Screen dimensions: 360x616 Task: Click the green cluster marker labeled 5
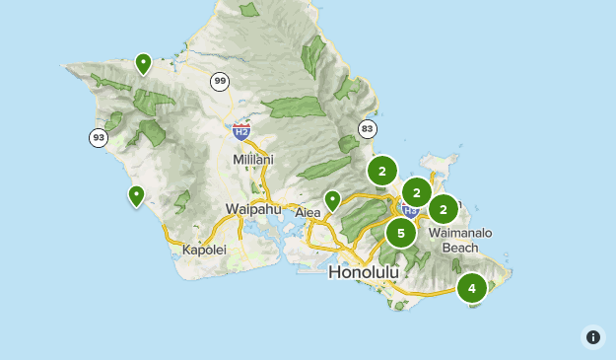point(400,234)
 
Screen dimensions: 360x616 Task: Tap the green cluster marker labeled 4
point(472,288)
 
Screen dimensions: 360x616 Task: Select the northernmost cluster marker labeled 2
point(381,171)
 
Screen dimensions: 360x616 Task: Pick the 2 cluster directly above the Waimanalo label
point(444,209)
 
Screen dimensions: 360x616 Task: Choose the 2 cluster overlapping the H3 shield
point(417,192)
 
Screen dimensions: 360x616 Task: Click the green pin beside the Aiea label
point(333,200)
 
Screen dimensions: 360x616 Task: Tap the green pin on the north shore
point(144,64)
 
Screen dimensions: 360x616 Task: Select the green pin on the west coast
point(136,195)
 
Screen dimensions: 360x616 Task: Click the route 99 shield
point(219,81)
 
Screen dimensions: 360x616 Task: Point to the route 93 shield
point(98,137)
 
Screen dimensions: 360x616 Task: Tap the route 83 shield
point(368,128)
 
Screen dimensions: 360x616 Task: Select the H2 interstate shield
point(241,130)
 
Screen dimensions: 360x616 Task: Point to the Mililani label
point(253,159)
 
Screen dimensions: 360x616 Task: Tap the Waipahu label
point(253,209)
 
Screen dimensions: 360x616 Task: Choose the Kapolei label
point(205,250)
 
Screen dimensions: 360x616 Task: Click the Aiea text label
point(309,211)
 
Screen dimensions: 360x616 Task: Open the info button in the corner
point(592,336)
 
